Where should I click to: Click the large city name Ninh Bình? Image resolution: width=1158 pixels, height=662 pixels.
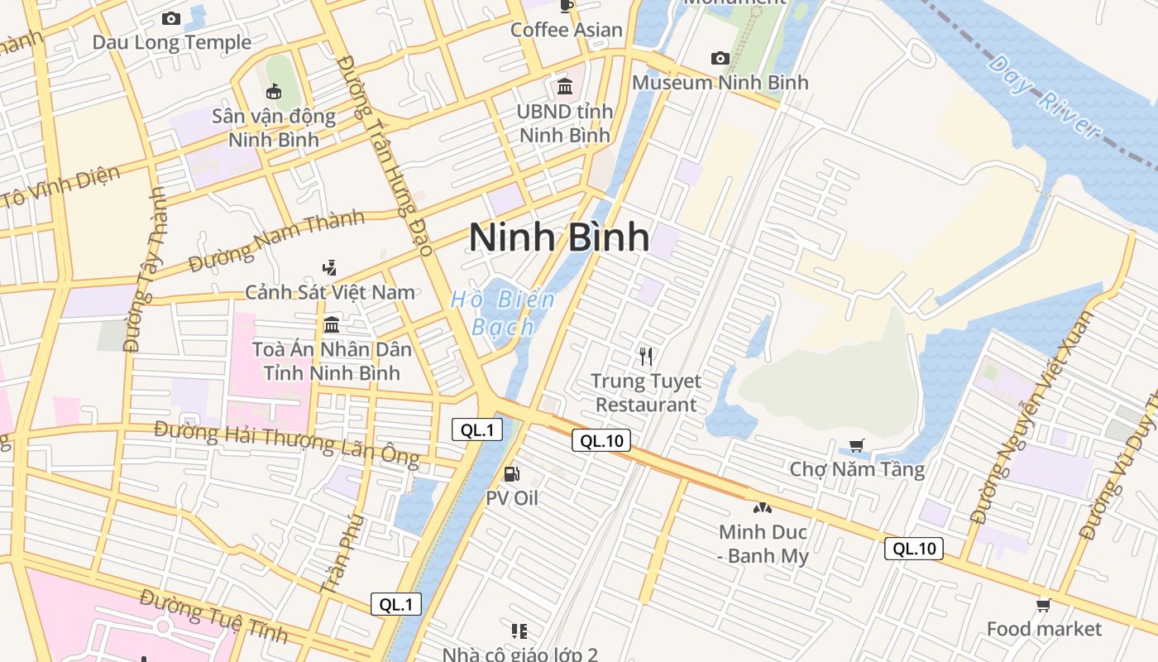559,237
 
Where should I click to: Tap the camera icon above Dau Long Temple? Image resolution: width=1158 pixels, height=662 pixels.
171,18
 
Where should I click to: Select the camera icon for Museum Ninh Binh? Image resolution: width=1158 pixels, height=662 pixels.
720,58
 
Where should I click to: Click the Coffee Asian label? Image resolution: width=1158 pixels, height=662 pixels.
566,30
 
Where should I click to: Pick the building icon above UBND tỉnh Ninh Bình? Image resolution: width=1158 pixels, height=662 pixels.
565,86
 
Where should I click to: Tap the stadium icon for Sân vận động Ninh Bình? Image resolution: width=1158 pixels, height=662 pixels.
274,91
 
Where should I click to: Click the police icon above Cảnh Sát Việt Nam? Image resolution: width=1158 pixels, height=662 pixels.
330,267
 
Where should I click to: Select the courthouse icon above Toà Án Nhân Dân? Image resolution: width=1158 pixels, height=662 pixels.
332,324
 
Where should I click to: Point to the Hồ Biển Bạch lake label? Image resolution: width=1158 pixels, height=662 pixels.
502,313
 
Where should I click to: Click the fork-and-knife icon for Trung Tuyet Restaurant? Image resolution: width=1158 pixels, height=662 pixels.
646,357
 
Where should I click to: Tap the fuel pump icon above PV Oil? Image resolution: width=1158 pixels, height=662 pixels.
512,474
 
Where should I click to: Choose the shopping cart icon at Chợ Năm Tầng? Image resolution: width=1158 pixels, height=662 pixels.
857,445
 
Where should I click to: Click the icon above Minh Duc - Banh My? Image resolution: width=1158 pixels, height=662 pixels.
762,507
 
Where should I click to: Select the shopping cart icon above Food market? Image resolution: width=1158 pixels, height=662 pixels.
1044,606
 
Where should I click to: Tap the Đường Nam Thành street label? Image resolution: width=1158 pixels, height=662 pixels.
276,241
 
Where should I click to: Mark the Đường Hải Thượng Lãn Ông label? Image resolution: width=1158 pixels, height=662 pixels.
286,443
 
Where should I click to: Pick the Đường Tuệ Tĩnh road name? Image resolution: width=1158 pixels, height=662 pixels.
213,616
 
